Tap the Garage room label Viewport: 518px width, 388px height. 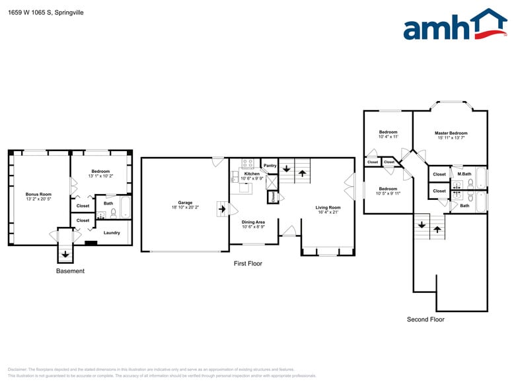[x=185, y=203]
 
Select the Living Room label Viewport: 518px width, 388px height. [x=328, y=208]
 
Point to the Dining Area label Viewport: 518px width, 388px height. [x=253, y=222]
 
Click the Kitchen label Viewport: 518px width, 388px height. [x=252, y=174]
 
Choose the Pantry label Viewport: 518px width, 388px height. [x=270, y=166]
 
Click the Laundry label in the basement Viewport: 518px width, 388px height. [x=112, y=232]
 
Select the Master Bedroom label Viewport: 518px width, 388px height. [x=451, y=133]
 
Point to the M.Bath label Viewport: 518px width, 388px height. [x=464, y=174]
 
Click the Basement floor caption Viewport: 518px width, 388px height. [x=70, y=271]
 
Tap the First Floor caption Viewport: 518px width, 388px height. [x=248, y=263]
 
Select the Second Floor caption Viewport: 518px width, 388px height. [x=425, y=319]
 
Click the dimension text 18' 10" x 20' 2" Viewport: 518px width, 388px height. [x=185, y=207]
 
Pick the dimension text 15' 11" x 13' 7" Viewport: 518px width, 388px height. [x=451, y=138]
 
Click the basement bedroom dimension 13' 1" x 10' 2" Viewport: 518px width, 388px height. [x=102, y=176]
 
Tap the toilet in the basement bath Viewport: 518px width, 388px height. [x=113, y=213]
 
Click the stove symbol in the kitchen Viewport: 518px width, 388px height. [x=248, y=163]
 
